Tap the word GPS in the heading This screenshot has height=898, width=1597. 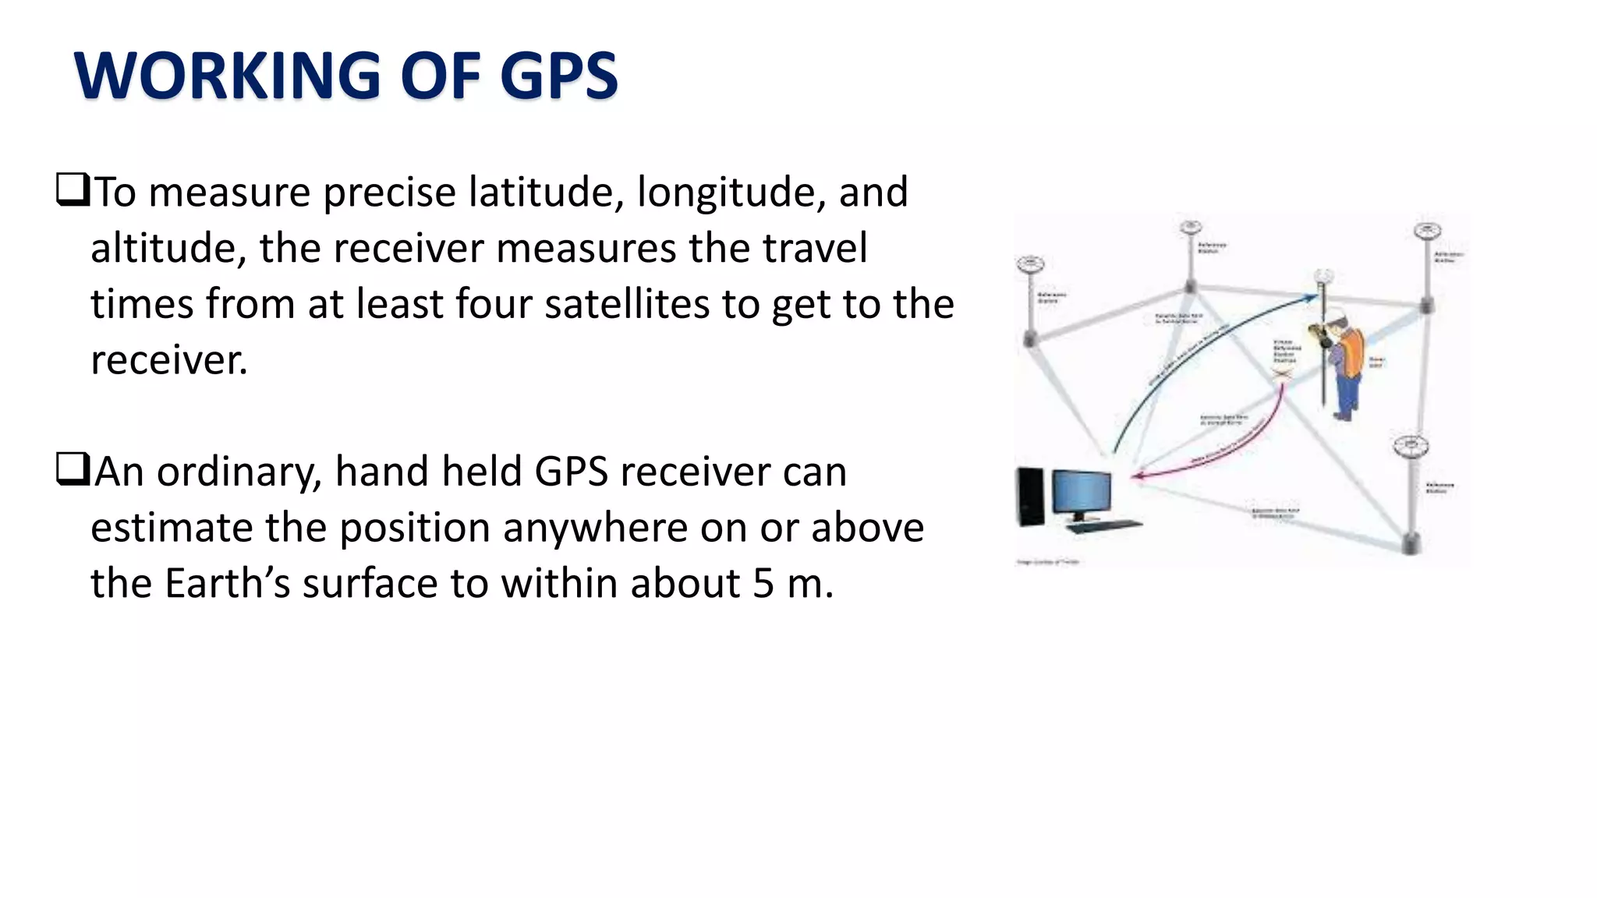tap(558, 76)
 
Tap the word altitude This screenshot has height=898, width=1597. tap(168, 248)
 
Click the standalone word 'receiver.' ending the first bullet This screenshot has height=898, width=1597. tap(169, 360)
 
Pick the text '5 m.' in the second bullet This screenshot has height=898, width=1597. tap(793, 584)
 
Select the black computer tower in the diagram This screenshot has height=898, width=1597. tap(1030, 496)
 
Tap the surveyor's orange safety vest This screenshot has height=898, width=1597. tap(1354, 352)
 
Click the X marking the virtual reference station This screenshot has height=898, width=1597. tap(1283, 375)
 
